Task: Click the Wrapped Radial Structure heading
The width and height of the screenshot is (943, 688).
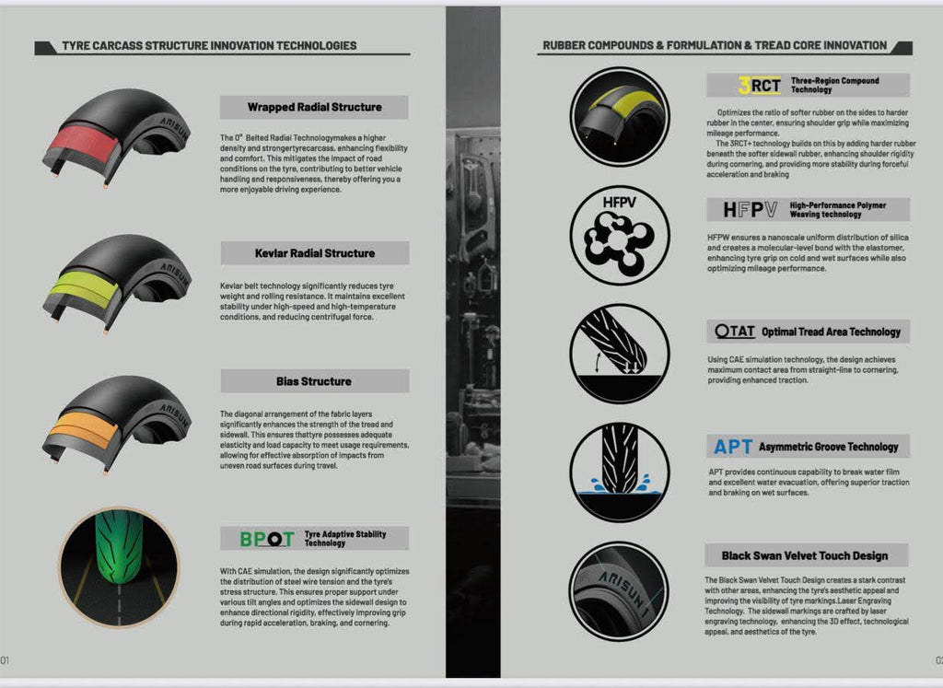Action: coord(314,107)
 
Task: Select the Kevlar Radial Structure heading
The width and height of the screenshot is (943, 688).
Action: coord(314,253)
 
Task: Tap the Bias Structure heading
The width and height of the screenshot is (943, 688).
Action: coord(313,381)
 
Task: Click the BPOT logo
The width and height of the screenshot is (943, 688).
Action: coord(266,539)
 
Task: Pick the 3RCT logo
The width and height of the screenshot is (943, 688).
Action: coord(760,86)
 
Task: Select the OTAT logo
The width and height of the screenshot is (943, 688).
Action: coord(736,332)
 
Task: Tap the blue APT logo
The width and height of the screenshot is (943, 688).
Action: coord(733,447)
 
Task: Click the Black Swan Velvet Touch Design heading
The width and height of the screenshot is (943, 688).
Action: coord(805,555)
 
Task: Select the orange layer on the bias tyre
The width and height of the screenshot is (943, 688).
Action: coord(84,429)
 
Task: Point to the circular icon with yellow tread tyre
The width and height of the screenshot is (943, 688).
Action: coord(619,116)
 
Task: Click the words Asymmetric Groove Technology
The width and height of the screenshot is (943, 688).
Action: coord(828,447)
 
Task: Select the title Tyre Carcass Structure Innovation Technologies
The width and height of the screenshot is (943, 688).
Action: coord(209,45)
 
